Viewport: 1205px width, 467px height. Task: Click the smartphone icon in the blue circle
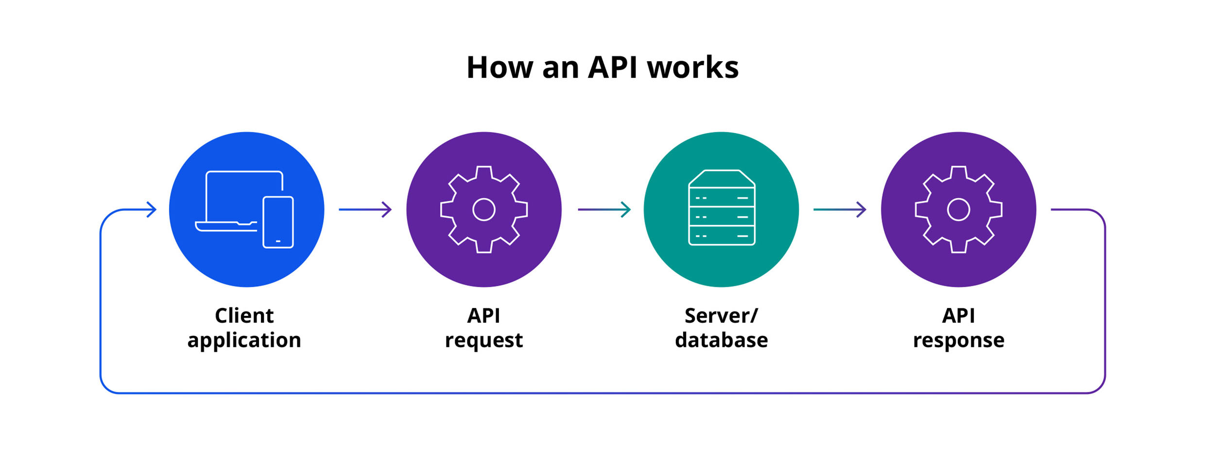[278, 222]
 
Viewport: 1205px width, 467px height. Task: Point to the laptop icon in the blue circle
[238, 199]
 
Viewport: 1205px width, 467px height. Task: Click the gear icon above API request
[484, 209]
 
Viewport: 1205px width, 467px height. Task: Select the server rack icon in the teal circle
[722, 208]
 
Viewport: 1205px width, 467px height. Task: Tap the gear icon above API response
[958, 209]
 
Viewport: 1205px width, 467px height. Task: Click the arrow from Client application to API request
[365, 209]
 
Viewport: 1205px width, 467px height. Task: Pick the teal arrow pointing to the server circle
[604, 209]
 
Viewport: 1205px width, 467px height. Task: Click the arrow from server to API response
[840, 209]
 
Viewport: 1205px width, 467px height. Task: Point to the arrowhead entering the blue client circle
[152, 209]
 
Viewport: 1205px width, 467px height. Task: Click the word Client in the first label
[244, 316]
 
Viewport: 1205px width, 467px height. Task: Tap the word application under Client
[244, 340]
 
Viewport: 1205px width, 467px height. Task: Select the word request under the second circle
[484, 340]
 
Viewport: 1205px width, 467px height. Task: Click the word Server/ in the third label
[721, 316]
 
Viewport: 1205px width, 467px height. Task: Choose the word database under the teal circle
[721, 340]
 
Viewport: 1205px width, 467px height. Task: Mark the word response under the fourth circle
[958, 340]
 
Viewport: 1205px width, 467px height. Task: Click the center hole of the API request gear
[484, 209]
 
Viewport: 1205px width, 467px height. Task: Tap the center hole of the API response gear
[958, 209]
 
